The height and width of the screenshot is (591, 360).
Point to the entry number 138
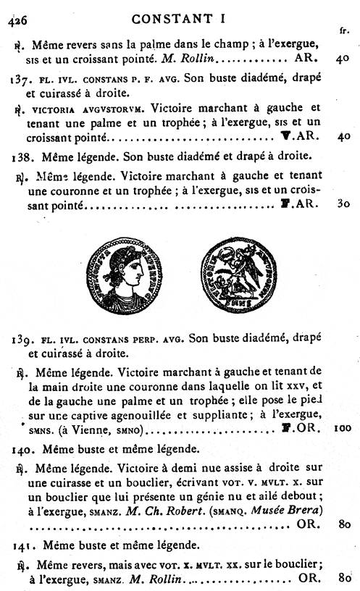tap(22, 156)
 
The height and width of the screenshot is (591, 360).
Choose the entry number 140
tap(22, 449)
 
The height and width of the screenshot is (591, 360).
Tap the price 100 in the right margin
tap(343, 429)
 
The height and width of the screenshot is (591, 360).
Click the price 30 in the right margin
tap(343, 204)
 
